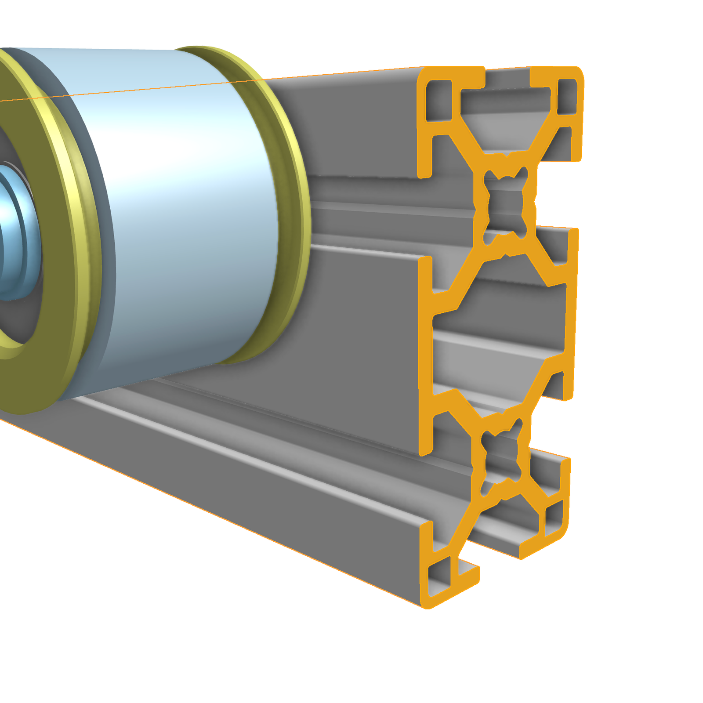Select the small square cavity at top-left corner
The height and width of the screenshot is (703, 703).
pyautogui.click(x=438, y=99)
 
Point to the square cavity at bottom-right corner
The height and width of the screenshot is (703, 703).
pyautogui.click(x=554, y=518)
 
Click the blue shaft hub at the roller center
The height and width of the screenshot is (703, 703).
pyautogui.click(x=13, y=228)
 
